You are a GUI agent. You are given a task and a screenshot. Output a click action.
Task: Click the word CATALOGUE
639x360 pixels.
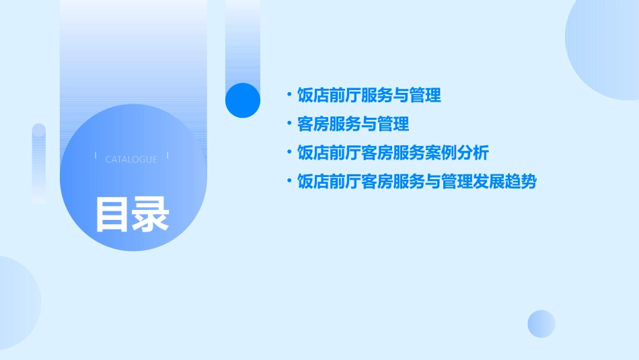[x=131, y=159]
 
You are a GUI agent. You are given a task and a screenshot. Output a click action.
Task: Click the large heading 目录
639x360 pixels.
[x=132, y=213]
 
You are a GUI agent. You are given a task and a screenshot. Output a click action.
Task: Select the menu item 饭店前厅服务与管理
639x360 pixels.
[x=369, y=96]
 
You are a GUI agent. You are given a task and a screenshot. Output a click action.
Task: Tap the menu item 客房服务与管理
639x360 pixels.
[x=352, y=124]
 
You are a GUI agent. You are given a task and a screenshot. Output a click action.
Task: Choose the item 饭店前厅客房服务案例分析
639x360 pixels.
[x=392, y=153]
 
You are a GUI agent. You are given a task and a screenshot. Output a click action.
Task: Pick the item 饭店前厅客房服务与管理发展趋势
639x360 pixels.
[x=416, y=182]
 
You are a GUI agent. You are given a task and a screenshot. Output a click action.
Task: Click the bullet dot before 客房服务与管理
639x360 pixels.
[x=289, y=124]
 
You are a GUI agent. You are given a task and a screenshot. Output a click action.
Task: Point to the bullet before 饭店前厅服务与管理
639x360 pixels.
[x=289, y=95]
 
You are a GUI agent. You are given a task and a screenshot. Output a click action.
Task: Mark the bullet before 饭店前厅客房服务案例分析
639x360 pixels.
[x=289, y=153]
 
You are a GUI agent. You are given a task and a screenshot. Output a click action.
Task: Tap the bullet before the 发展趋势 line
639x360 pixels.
[x=289, y=181]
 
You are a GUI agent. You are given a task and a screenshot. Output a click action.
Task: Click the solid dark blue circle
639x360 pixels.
[x=243, y=100]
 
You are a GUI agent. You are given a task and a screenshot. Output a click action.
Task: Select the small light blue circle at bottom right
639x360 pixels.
[x=541, y=324]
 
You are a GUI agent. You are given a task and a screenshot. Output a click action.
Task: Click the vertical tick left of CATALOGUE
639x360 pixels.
[x=96, y=156]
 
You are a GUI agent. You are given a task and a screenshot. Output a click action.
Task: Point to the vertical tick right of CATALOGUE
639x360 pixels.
[x=167, y=156]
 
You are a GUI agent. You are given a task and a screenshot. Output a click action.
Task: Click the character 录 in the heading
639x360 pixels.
[x=151, y=213]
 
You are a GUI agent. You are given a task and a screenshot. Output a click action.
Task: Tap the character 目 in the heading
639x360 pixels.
[x=113, y=213]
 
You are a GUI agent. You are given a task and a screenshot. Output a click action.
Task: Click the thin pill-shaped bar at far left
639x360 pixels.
[x=39, y=163]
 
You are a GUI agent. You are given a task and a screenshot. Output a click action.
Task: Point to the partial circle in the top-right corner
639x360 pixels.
[x=605, y=47]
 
